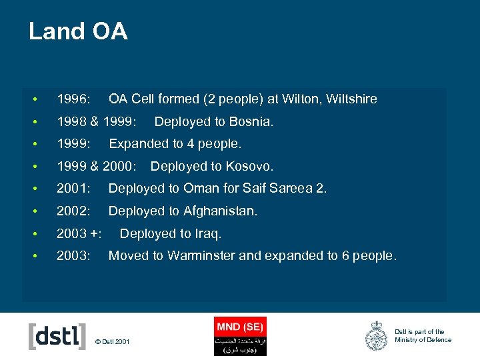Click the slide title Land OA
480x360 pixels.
click(78, 31)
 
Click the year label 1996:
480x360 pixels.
click(74, 99)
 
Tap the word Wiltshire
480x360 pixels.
click(352, 99)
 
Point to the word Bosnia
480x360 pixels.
click(251, 122)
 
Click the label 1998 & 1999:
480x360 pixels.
click(97, 122)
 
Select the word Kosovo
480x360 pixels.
click(249, 166)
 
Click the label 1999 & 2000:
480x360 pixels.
click(97, 166)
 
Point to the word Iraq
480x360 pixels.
click(207, 233)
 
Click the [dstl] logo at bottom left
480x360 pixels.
click(57, 336)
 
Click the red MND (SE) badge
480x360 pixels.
click(240, 326)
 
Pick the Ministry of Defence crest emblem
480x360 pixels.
click(377, 336)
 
